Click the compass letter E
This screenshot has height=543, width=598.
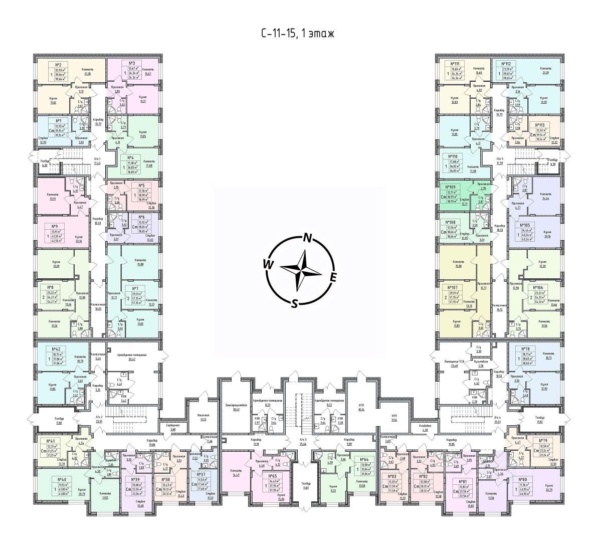[x=333, y=277]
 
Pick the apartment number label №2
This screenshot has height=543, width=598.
[x=58, y=65]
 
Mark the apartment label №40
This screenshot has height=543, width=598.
[x=50, y=479]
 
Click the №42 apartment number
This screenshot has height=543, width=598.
[x=57, y=347]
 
